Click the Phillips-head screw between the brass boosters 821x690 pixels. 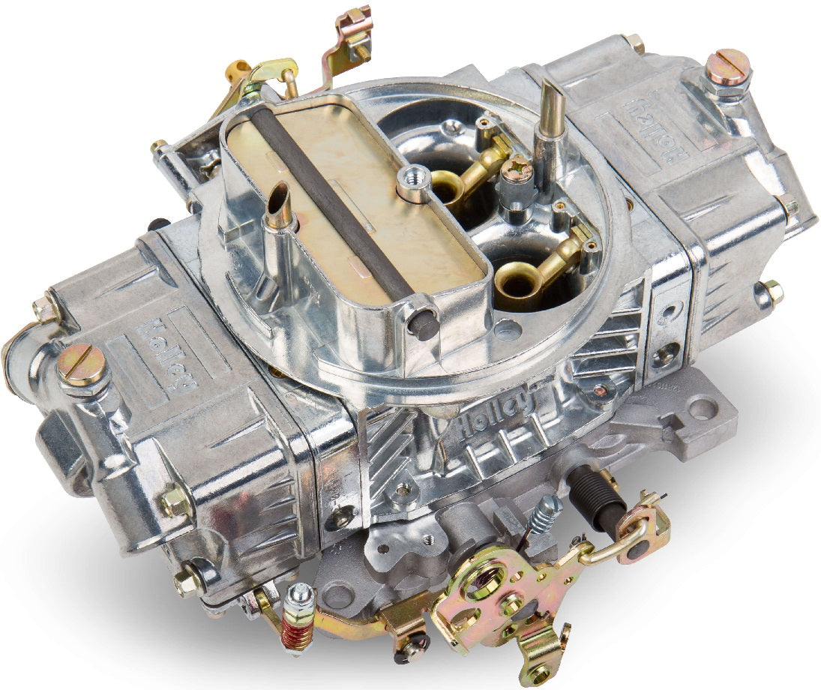pos(517,172)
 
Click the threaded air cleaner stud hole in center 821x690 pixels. pos(414,178)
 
